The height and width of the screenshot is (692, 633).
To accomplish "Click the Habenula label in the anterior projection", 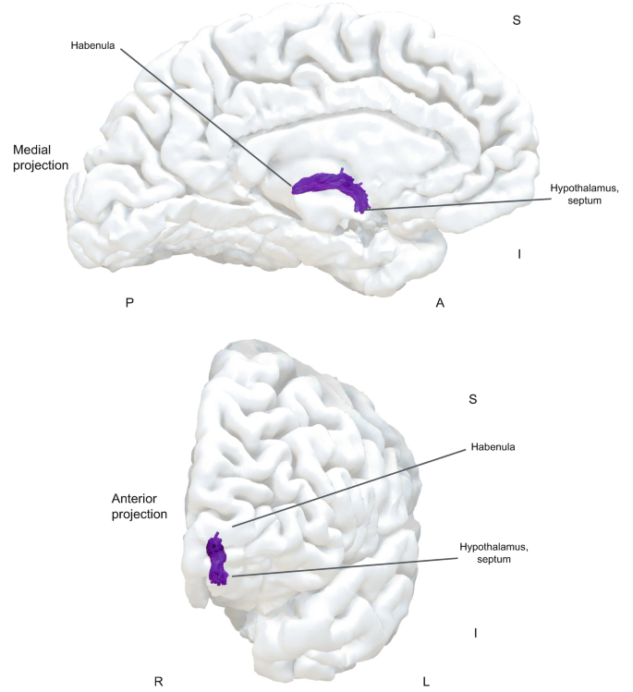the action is coord(492,447).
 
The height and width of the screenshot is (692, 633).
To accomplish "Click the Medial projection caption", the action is coord(42,157).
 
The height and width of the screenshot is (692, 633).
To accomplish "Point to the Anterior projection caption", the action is coord(139,505).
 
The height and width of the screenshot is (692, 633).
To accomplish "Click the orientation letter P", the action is coord(130,302).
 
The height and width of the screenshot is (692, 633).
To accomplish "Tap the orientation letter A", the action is coord(440,302).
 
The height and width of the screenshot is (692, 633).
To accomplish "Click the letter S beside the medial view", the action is coord(517,18).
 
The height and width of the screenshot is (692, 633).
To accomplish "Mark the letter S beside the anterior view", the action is coord(472,399).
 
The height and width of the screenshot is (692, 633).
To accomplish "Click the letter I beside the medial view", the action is coord(519,253).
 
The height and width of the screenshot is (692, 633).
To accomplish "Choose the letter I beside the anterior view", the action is coord(475,633).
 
